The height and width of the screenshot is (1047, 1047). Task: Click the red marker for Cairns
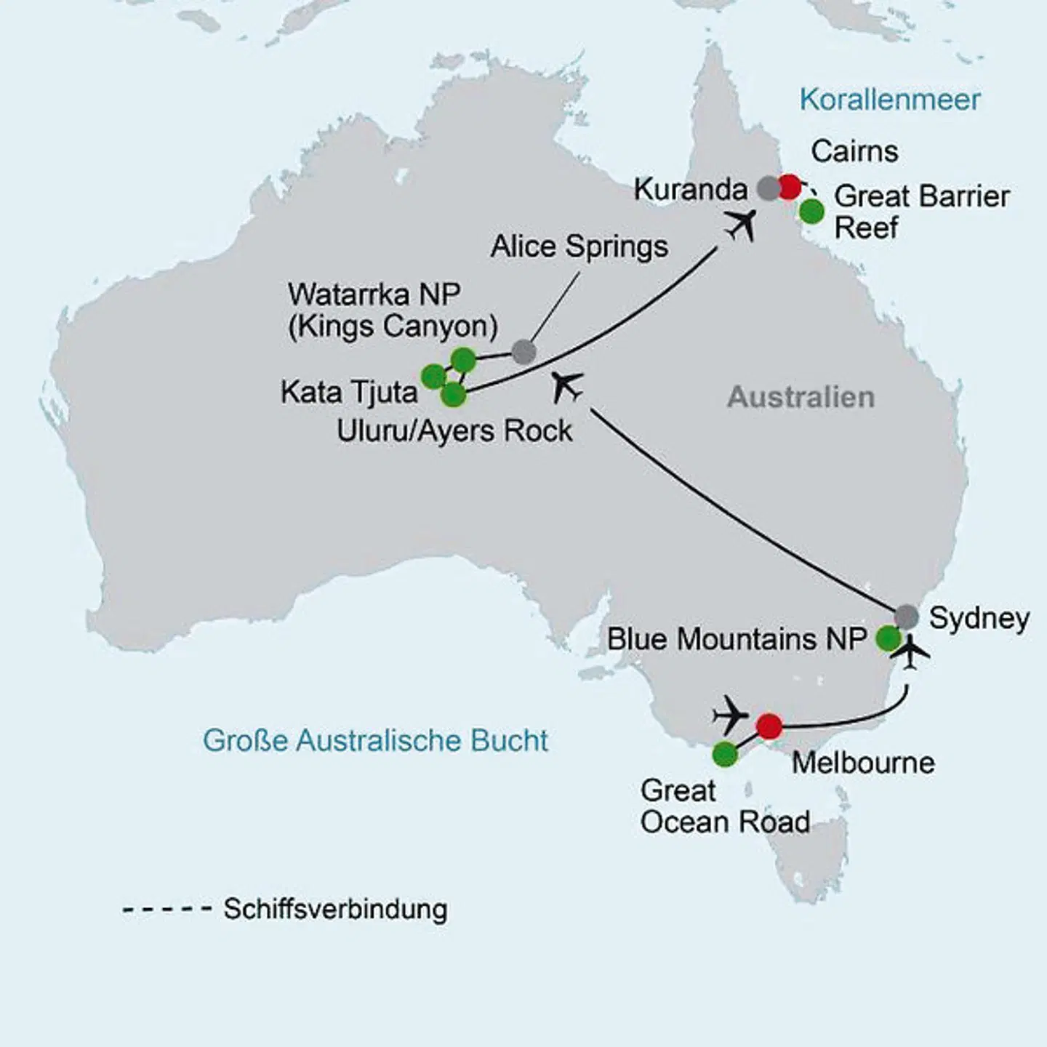coord(789,187)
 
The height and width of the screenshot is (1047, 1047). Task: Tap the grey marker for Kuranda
coord(769,188)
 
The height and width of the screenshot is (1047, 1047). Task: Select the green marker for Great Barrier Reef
coord(811,212)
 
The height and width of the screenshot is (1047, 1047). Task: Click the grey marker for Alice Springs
coord(523,352)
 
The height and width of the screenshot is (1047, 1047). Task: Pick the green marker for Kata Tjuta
coord(433,377)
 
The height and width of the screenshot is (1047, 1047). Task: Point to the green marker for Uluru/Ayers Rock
coord(453,395)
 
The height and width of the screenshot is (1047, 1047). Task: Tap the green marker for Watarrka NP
coord(463,359)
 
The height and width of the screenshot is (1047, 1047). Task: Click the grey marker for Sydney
coord(906,617)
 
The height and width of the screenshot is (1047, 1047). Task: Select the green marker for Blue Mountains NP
coord(888,638)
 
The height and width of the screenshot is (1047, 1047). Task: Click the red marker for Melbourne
coord(769,726)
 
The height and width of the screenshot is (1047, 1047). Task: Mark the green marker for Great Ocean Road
coord(725,755)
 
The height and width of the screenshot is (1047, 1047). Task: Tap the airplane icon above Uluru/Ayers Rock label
coord(567,386)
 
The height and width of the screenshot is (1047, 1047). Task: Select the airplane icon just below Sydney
coord(913,652)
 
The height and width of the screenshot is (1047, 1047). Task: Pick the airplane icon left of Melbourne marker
coord(731,715)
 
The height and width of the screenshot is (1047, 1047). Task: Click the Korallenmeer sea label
coord(889,100)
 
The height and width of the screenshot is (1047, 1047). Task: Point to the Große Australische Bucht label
coord(375,741)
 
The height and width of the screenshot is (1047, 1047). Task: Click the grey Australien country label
coord(801,397)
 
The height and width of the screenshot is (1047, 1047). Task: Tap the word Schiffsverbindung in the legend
coord(335,909)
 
